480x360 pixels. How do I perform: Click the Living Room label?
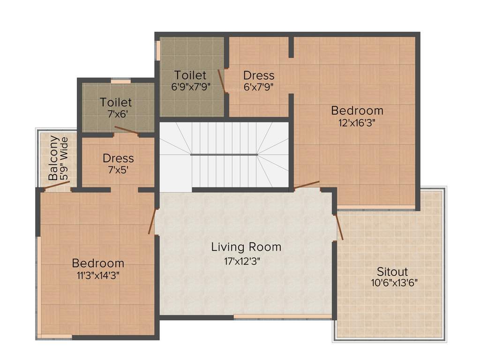tap(246, 247)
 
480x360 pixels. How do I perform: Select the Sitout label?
tap(392, 272)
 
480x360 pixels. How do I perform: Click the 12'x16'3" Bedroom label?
tap(357, 111)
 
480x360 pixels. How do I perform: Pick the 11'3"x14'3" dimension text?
tap(97, 276)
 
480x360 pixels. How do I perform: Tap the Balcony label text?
tap(54, 158)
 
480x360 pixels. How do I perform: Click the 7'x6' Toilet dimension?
tap(116, 114)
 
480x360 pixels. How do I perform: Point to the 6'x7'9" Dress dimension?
tap(258, 87)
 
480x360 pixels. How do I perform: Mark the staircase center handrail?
tap(224, 154)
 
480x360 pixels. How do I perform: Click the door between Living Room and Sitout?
tap(339, 227)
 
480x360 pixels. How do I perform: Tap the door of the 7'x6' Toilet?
tap(127, 130)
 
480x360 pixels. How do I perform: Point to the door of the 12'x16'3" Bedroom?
tap(307, 185)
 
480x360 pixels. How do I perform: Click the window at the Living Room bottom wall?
tap(283, 317)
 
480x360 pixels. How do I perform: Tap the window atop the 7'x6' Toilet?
tap(120, 81)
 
